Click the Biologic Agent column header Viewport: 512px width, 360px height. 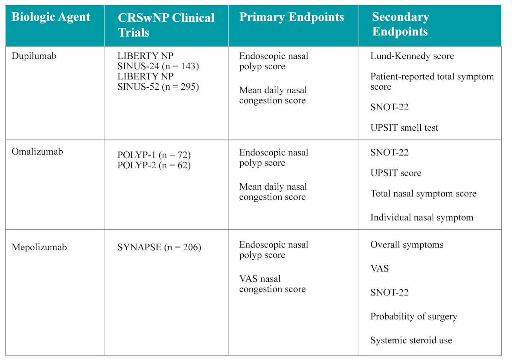tap(51, 17)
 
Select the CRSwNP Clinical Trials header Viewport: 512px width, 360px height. tap(166, 25)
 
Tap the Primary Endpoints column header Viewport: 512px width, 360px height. tap(291, 17)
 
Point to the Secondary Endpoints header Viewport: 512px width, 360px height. tap(400, 24)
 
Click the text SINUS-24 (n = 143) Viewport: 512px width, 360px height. tap(158, 66)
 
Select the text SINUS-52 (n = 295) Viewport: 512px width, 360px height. tap(158, 87)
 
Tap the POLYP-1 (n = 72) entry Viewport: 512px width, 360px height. tap(154, 155)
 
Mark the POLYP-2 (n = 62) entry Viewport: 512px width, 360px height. tap(154, 165)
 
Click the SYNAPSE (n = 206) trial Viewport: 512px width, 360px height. tap(159, 247)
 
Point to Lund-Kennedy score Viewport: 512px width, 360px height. tap(412, 56)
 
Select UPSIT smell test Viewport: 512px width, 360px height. tap(404, 128)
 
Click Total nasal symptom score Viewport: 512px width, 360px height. tap(423, 193)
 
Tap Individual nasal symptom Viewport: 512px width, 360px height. tap(422, 217)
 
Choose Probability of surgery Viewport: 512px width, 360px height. tap(413, 316)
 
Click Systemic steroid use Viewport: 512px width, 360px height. tap(411, 340)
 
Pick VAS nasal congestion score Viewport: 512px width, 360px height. tap(272, 284)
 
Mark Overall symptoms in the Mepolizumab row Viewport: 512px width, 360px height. tap(407, 245)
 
